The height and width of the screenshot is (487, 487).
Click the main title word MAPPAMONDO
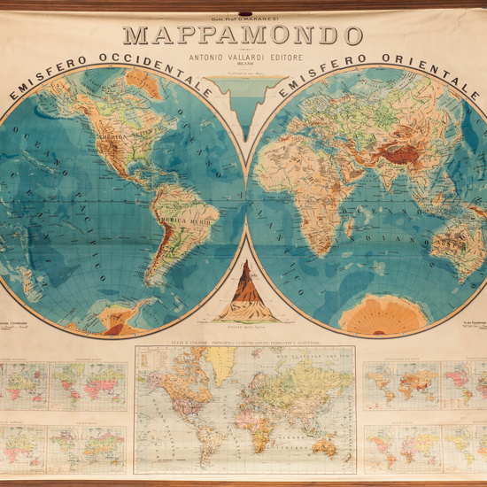(x=243, y=35)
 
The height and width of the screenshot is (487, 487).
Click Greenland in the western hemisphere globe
(x=143, y=83)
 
